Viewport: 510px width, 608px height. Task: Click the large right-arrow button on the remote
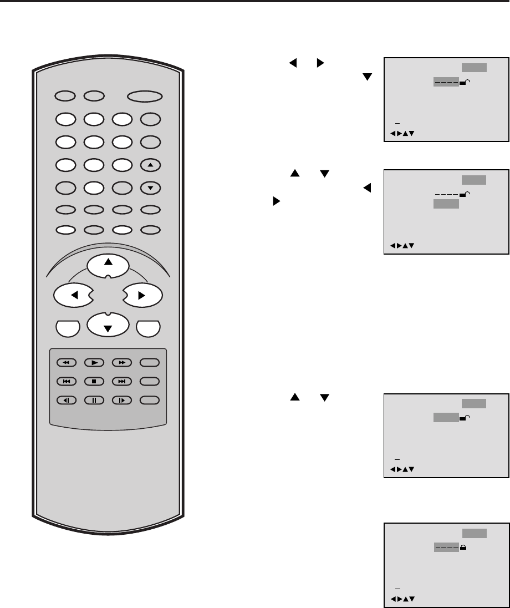[141, 296]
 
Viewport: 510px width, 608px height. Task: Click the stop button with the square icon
[94, 381]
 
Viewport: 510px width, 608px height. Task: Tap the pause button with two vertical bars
[94, 399]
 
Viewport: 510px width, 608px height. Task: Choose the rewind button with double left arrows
[66, 363]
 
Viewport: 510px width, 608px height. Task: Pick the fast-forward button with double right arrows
[121, 363]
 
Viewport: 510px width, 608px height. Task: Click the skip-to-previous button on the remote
[66, 381]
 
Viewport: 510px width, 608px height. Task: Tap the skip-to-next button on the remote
[121, 381]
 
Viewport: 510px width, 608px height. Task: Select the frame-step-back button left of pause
[66, 399]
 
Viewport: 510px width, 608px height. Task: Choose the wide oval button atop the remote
[144, 97]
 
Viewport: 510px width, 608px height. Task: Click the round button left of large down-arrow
[67, 328]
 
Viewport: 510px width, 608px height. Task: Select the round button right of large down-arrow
[149, 328]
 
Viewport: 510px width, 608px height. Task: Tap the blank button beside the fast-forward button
[150, 363]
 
